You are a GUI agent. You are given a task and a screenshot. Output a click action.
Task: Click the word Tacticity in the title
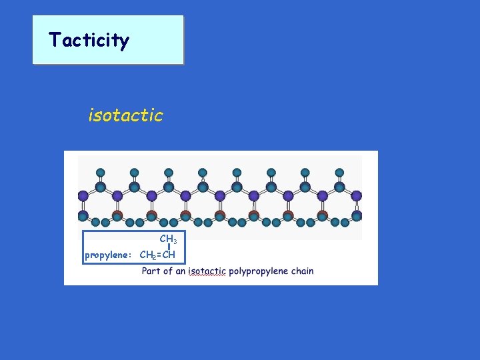click(x=89, y=41)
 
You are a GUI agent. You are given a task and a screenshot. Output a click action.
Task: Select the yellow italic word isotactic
click(x=125, y=115)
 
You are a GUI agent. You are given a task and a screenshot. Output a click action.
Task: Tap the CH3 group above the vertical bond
click(x=167, y=239)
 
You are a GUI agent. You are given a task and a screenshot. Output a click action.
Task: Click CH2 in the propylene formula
click(x=148, y=255)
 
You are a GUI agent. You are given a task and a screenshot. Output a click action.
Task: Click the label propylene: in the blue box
click(x=110, y=255)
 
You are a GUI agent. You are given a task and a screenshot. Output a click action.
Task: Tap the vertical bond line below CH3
click(x=169, y=247)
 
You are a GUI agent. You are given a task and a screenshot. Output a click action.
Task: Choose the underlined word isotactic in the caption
click(x=207, y=271)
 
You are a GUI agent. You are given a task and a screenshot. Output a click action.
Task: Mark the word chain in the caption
click(x=301, y=271)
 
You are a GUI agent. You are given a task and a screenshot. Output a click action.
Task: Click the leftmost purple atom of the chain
click(x=83, y=196)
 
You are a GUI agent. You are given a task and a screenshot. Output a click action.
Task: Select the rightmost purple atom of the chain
click(x=357, y=196)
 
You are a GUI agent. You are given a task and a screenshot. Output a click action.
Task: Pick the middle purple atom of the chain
click(x=220, y=196)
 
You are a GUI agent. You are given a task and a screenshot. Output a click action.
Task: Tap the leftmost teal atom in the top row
click(x=100, y=172)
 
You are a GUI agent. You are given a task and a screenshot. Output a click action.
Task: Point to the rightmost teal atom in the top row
click(x=339, y=172)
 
